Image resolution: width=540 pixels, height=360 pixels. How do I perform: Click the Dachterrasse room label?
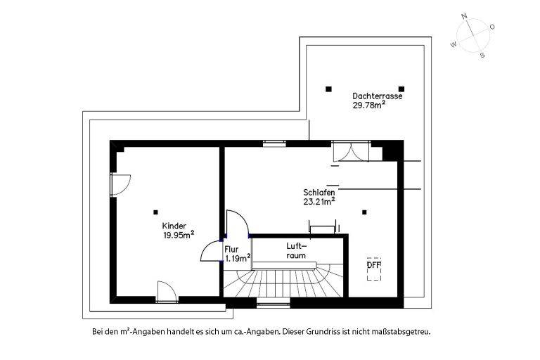click(x=377, y=96)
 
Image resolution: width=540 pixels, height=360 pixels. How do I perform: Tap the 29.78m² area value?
click(x=368, y=105)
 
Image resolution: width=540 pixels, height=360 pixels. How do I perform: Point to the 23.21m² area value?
click(x=319, y=202)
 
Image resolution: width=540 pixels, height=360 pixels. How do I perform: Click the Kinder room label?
click(x=174, y=226)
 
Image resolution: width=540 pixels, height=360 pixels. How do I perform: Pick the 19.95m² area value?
click(x=179, y=235)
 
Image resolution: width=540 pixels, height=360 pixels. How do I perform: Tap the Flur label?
click(x=231, y=250)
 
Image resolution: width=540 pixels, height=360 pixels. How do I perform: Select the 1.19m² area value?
click(x=238, y=258)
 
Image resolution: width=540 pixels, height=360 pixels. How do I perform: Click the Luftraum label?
click(x=296, y=251)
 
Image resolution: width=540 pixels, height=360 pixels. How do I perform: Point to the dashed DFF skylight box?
click(x=374, y=269)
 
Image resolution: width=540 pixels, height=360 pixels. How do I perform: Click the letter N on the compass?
click(x=464, y=16)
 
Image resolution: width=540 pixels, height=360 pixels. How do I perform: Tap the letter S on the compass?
click(x=482, y=55)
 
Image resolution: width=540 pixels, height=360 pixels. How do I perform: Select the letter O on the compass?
click(x=492, y=27)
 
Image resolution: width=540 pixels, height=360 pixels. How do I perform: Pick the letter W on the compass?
click(x=454, y=44)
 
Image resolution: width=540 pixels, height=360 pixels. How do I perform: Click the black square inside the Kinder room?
click(x=155, y=212)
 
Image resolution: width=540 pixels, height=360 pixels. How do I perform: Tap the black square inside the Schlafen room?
click(x=364, y=212)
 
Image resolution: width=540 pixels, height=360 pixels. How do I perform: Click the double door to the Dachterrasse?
click(x=351, y=151)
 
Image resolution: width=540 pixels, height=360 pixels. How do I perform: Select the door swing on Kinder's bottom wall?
click(x=167, y=292)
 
